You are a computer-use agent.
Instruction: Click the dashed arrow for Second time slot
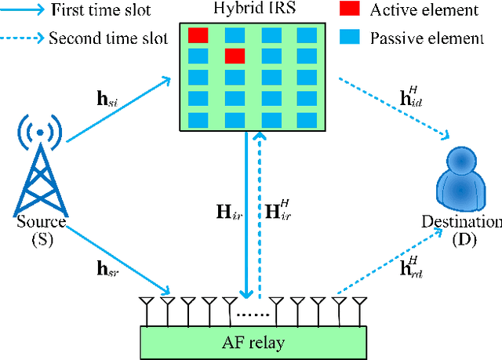click(x=22, y=37)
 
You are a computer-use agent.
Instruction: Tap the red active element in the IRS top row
click(x=198, y=35)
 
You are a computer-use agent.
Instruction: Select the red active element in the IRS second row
click(x=235, y=55)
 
